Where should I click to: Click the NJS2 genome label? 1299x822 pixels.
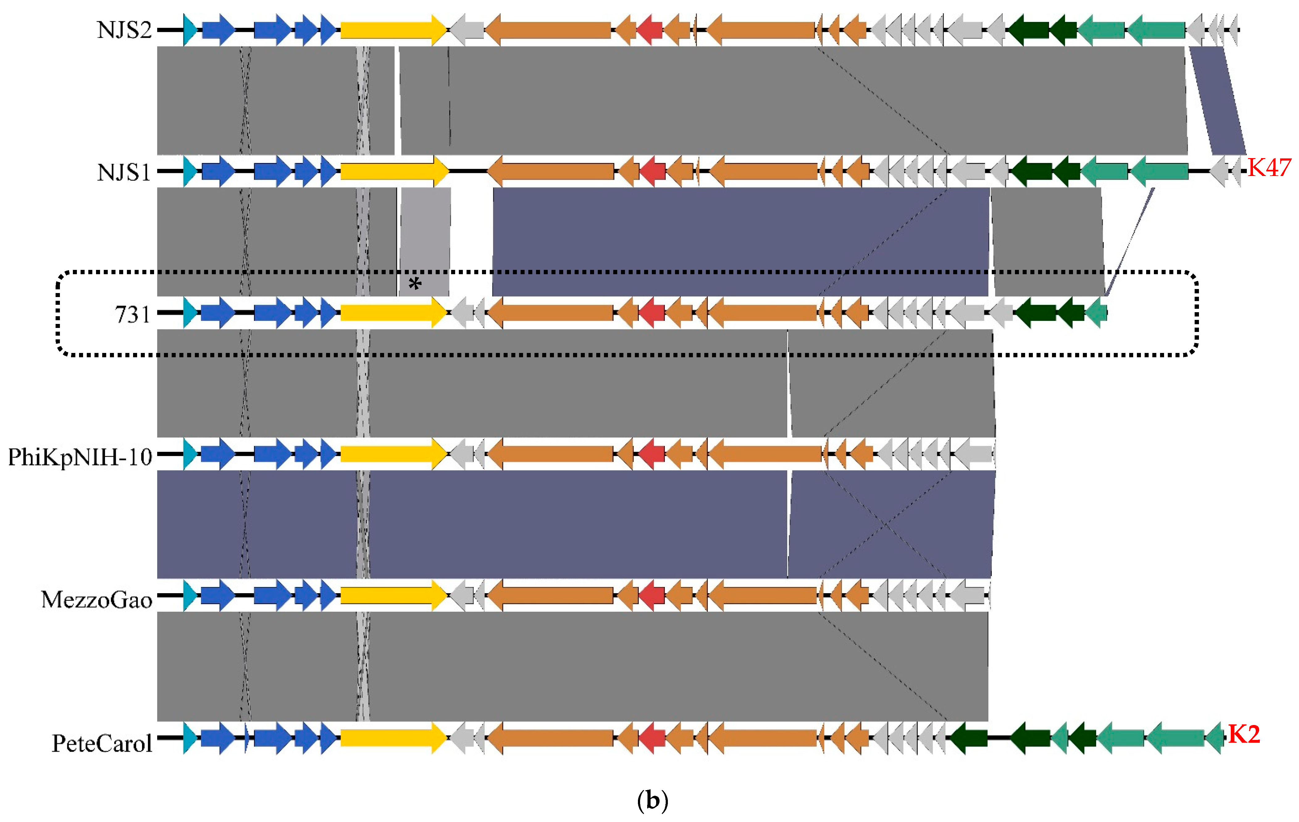point(124,30)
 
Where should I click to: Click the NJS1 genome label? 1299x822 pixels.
point(124,173)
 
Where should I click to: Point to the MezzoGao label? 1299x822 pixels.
point(97,599)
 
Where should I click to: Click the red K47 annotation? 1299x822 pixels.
point(1269,168)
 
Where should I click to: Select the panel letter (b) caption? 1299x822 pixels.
point(652,800)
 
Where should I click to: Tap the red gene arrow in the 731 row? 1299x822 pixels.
point(652,313)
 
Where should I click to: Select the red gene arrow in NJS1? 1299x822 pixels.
point(653,171)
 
